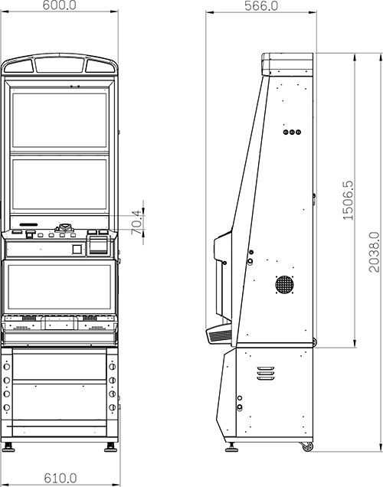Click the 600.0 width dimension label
coord(59,5)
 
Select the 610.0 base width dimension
coord(61,478)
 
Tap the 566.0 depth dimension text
coord(261,5)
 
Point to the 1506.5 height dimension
coord(348,201)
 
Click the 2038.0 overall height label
coord(374,252)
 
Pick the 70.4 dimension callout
coord(137,222)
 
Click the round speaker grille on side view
coord(284,284)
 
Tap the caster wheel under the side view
coord(307,446)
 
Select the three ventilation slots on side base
coord(266,373)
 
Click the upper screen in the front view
coord(59,120)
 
